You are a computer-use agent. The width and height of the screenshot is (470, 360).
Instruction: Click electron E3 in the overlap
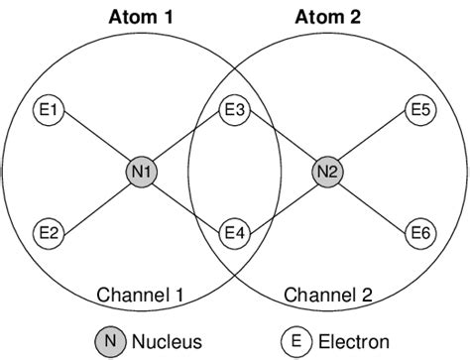coord(234,108)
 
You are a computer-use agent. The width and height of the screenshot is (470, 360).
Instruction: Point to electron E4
coord(234,233)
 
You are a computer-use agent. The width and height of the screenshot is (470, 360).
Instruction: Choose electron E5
coord(419,108)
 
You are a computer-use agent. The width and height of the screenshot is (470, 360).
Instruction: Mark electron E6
coord(419,233)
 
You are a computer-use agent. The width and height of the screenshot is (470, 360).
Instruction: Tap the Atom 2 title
coord(327,17)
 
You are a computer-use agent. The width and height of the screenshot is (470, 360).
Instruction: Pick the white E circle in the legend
coord(295,341)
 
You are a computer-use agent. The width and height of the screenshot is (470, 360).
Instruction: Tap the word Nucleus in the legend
coord(168,341)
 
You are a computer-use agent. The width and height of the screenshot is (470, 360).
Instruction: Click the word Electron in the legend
coord(354,341)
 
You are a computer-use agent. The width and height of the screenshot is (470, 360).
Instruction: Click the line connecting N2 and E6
coord(375,202)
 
